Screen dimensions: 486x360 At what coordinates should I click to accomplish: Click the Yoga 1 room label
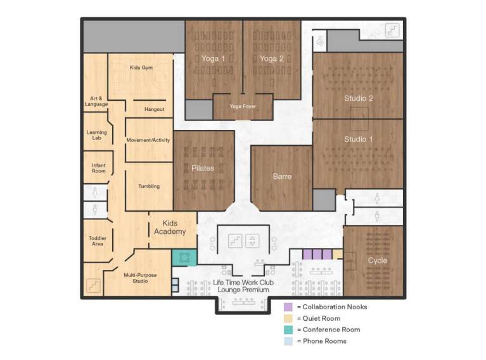tap(213, 58)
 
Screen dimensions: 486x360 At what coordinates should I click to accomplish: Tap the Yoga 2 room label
tap(272, 58)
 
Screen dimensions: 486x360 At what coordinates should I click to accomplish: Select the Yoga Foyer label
tap(243, 106)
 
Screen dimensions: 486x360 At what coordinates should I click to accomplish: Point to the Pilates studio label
tap(203, 169)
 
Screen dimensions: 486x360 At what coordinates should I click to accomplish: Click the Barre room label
tap(282, 176)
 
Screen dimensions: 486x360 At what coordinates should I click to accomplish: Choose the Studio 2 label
tap(359, 98)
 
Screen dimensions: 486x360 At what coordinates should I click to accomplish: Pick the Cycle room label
tap(378, 260)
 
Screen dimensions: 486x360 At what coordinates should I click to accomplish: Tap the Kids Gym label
tap(141, 67)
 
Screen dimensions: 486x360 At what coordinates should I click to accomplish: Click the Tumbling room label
tap(149, 186)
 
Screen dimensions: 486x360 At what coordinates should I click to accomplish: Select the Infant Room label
tap(99, 168)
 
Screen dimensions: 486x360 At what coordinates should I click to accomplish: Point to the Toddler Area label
tap(98, 241)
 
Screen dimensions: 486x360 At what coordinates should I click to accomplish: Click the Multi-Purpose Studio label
tap(140, 278)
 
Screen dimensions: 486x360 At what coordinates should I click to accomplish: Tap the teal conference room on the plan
tap(184, 258)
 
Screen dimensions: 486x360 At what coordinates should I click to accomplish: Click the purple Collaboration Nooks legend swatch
tap(288, 307)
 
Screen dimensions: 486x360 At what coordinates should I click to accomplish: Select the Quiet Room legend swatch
tap(288, 318)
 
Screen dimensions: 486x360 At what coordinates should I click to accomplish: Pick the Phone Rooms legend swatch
tap(288, 341)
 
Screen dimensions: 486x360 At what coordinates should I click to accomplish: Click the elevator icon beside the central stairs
tap(252, 241)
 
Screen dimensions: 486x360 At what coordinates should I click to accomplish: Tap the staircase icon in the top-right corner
tap(392, 30)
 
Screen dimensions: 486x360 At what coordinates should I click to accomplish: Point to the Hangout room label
tap(155, 109)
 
